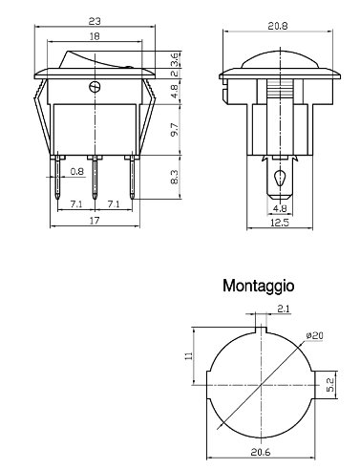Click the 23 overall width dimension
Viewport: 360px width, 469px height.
95,21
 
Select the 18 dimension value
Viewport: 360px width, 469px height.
95,36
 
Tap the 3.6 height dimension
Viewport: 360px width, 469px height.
175,59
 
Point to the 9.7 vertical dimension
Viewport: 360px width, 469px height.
175,130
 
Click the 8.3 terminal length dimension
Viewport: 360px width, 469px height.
175,177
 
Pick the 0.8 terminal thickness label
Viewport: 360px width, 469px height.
76,172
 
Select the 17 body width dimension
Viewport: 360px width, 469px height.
95,221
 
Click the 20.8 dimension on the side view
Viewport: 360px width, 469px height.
278,26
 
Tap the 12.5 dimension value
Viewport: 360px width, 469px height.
280,223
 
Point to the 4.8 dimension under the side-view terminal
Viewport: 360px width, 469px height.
280,208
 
